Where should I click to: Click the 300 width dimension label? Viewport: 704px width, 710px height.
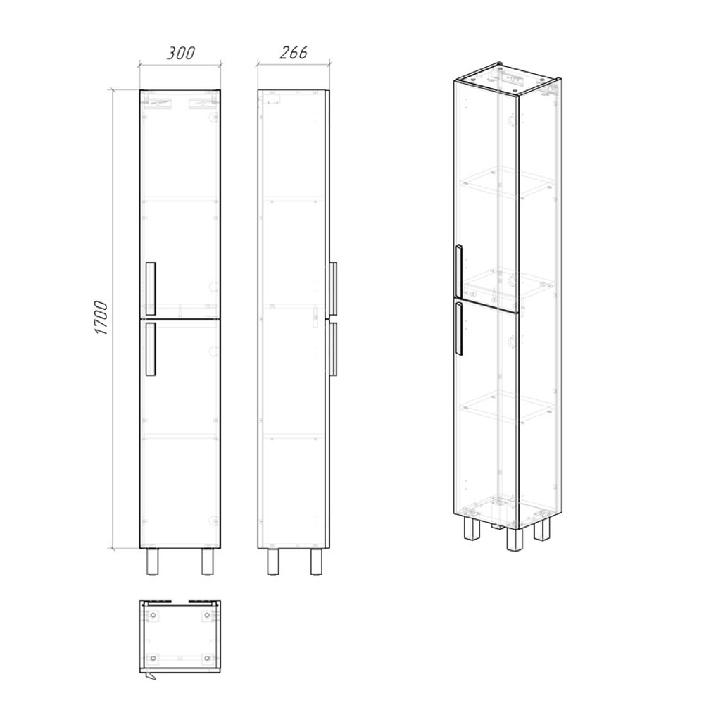[x=181, y=53]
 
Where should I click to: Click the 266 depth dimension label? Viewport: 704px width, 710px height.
[x=294, y=53]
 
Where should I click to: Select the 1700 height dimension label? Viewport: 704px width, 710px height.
[x=101, y=318]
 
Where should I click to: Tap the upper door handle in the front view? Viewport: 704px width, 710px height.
[x=150, y=289]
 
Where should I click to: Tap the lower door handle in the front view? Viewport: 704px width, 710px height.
[x=150, y=349]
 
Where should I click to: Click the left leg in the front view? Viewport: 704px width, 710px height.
[x=153, y=562]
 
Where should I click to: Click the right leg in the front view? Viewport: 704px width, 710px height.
[x=208, y=562]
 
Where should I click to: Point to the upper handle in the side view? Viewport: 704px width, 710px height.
[x=334, y=289]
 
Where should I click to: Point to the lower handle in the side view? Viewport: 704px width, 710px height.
[x=334, y=349]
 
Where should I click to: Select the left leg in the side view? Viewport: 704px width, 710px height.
[x=272, y=562]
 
